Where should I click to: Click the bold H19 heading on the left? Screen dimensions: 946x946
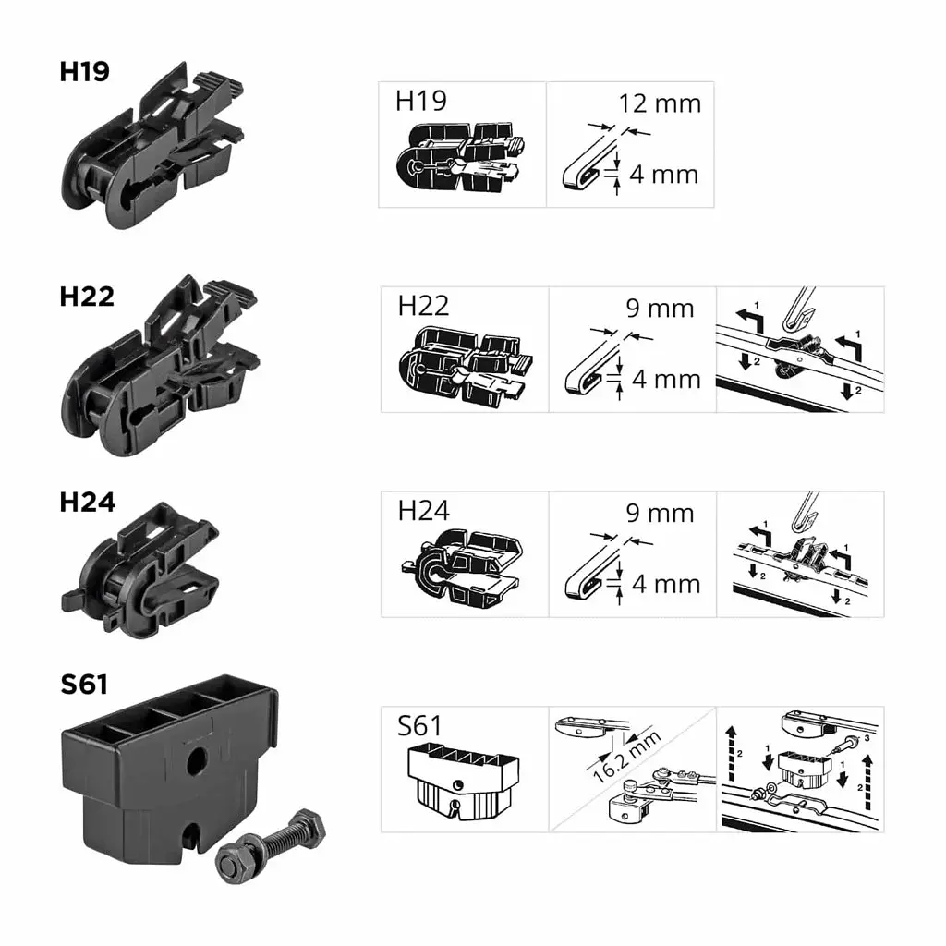84,71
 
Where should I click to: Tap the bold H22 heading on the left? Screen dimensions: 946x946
87,297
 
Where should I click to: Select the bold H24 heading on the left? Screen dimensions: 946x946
88,502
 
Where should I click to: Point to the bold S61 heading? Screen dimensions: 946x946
84,685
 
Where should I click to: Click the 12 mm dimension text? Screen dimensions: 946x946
660,103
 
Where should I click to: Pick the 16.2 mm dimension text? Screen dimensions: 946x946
627,756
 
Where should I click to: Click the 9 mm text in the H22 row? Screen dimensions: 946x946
660,309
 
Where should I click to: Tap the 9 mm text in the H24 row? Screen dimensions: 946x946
660,513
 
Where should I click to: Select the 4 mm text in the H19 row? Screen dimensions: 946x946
663,175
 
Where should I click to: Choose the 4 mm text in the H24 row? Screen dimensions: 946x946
666,584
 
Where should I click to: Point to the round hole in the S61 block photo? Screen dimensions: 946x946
197,761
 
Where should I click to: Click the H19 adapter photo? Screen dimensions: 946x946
152,146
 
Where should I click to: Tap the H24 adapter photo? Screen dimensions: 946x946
140,570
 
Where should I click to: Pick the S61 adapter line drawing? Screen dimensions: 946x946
463,782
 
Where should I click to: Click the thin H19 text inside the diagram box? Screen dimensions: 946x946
421,101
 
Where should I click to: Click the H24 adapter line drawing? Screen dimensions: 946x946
462,567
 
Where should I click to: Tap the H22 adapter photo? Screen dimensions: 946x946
161,366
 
